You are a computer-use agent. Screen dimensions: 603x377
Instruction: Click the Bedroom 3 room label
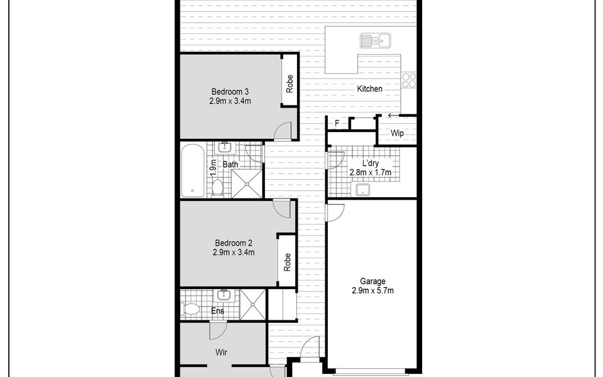[x=230, y=92]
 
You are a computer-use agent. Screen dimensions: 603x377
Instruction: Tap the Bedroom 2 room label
[x=234, y=243]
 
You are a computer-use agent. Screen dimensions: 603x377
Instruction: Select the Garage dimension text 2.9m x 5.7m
[x=372, y=291]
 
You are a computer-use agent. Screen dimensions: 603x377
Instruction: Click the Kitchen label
[x=369, y=89]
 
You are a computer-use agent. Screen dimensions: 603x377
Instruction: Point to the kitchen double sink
[x=376, y=40]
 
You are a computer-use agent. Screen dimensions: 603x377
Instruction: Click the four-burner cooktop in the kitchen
[x=409, y=80]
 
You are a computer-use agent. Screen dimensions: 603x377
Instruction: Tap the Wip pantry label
[x=397, y=133]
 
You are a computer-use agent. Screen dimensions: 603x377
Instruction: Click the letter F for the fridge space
[x=337, y=123]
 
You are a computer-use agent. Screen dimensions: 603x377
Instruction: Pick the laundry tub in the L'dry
[x=362, y=190]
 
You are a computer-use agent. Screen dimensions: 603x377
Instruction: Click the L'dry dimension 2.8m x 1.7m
[x=371, y=172]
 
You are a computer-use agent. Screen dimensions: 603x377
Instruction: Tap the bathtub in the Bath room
[x=192, y=170]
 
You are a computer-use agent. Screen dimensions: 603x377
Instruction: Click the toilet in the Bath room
[x=218, y=188]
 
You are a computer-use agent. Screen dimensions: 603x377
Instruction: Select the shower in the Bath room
[x=246, y=184]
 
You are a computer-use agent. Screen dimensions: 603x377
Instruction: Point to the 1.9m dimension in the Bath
[x=214, y=168]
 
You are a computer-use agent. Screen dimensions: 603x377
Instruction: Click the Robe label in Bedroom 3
[x=290, y=84]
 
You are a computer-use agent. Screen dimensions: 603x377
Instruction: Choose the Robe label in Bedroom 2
[x=287, y=263]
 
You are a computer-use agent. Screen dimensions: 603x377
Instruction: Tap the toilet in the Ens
[x=190, y=309]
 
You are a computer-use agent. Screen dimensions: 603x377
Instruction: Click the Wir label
[x=221, y=352]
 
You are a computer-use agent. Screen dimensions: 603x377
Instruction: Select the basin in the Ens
[x=222, y=295]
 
